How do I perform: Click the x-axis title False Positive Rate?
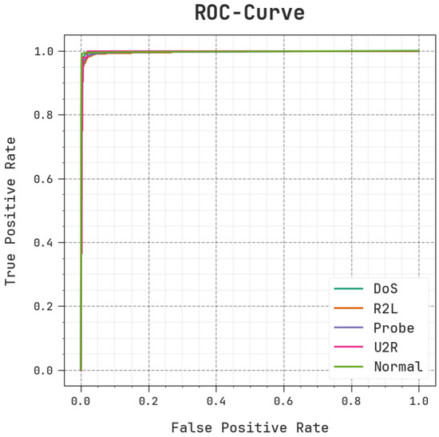(249, 427)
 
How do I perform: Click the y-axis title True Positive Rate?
(11, 211)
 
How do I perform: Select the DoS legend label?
(385, 288)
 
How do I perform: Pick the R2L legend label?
(385, 308)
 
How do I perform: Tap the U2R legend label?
(385, 348)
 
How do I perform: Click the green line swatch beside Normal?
(349, 367)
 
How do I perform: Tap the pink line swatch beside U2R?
(349, 348)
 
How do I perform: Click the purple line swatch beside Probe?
(349, 328)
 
